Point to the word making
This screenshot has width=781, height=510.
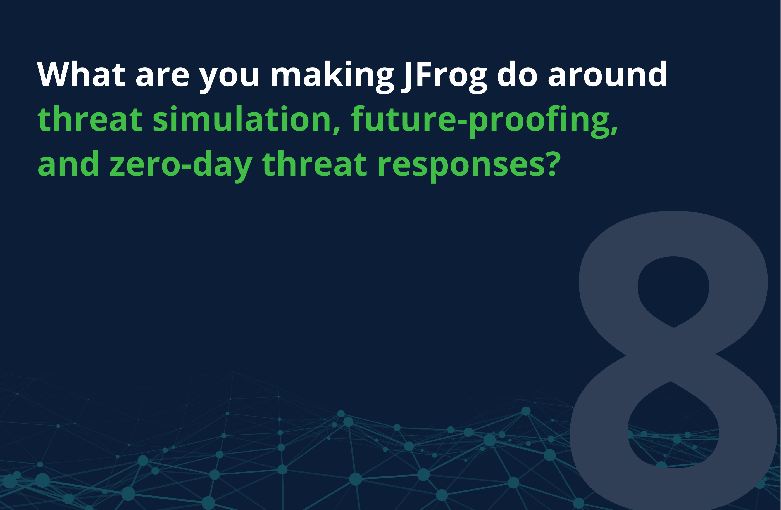click(x=332, y=77)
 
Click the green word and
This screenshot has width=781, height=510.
click(x=68, y=163)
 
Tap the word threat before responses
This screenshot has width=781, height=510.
click(x=314, y=163)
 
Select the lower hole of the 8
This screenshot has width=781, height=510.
click(x=673, y=427)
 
